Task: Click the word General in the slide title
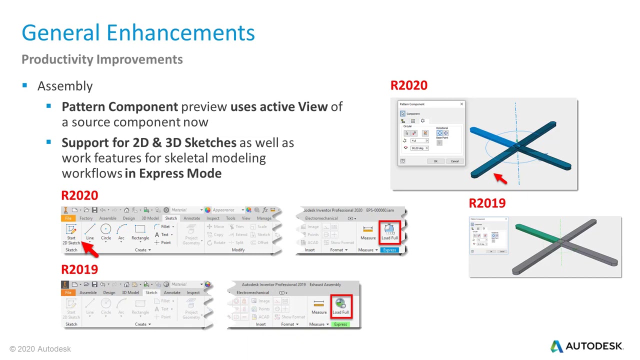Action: (x=62, y=33)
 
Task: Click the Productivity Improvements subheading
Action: (x=102, y=59)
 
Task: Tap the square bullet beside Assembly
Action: (x=24, y=85)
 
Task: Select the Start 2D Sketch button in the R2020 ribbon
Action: (x=71, y=233)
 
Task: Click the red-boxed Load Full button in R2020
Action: (x=389, y=231)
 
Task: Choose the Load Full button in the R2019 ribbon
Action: (x=340, y=306)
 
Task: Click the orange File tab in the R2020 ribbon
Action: (x=68, y=218)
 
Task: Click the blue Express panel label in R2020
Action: (x=389, y=250)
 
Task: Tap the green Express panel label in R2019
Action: (x=340, y=324)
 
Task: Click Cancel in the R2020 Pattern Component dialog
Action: (x=454, y=161)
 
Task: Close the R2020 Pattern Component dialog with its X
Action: (x=461, y=104)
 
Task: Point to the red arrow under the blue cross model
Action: (x=500, y=178)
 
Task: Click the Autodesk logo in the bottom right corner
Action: (x=586, y=346)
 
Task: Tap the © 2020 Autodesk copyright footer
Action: (x=40, y=349)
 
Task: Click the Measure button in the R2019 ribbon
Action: (x=319, y=306)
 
